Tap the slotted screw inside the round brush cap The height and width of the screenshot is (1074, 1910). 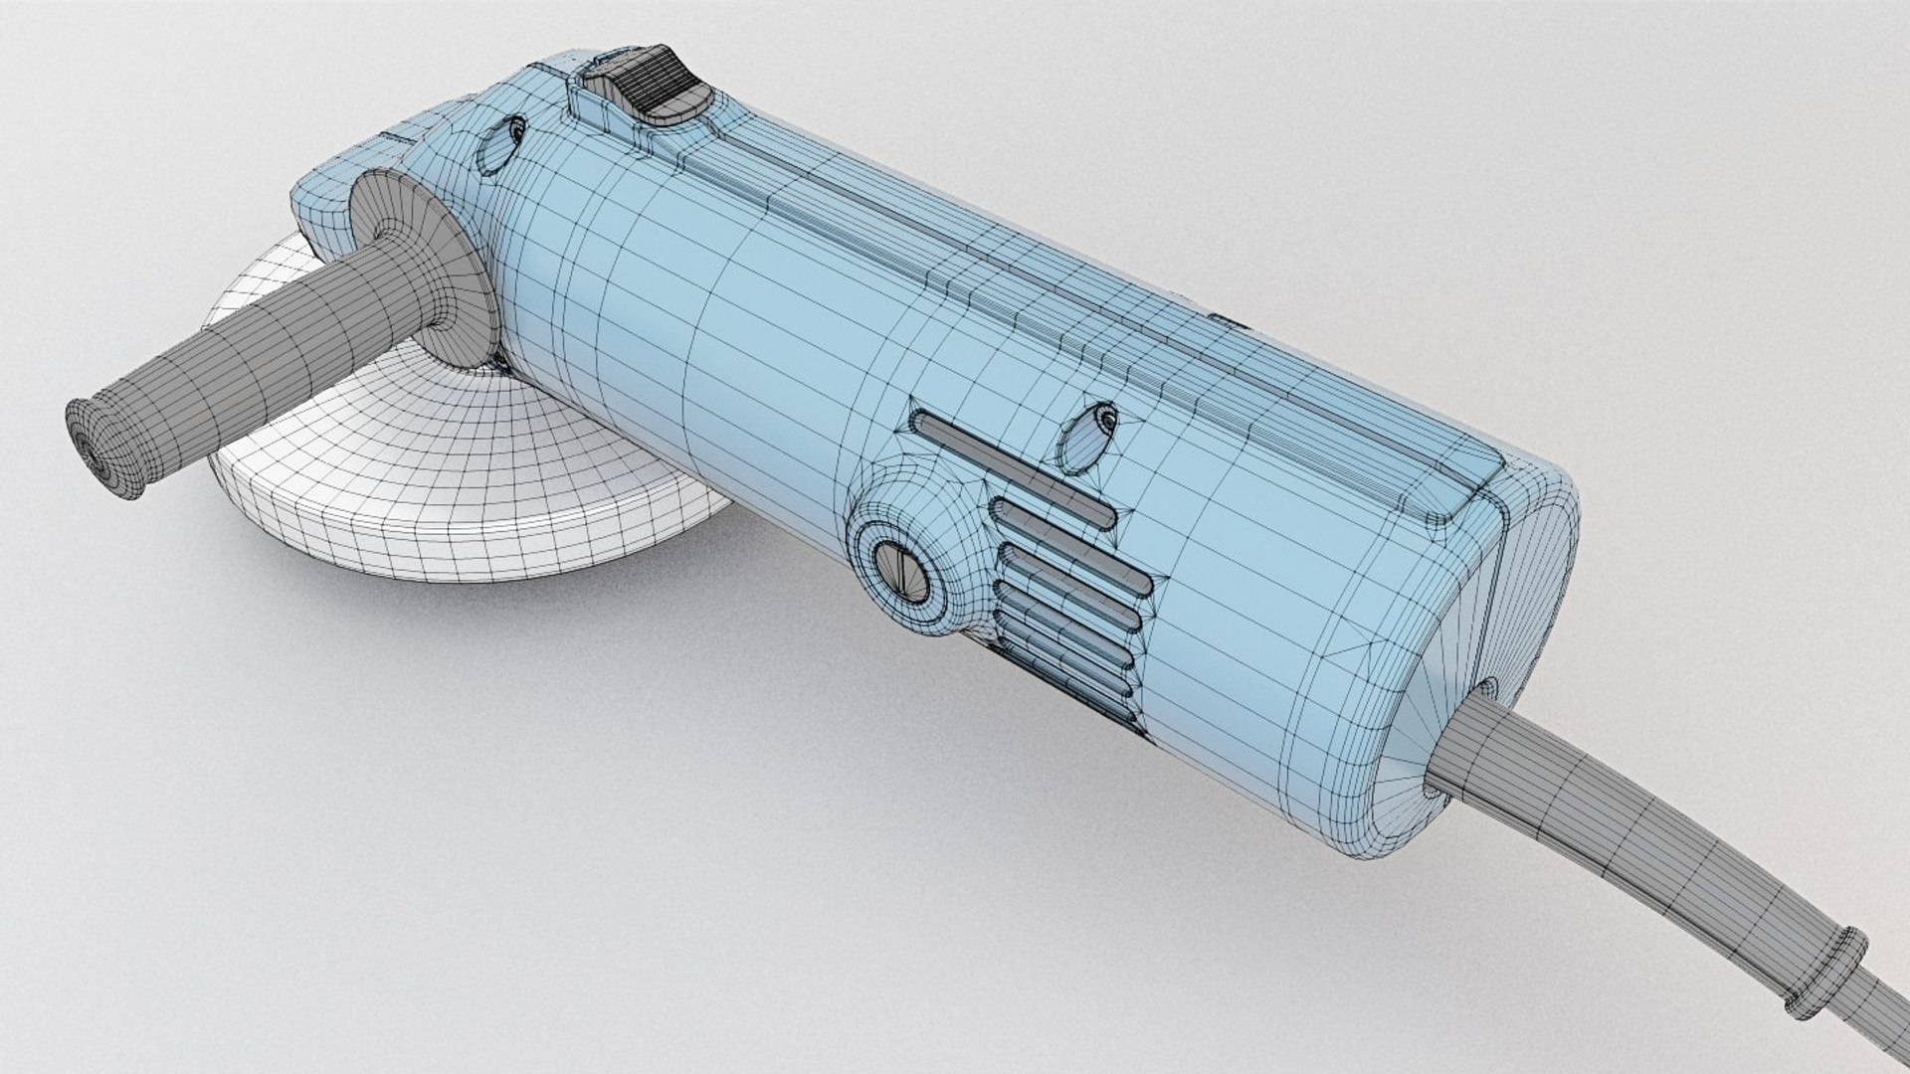coord(904,575)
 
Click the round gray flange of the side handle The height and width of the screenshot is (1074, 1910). coord(418,268)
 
